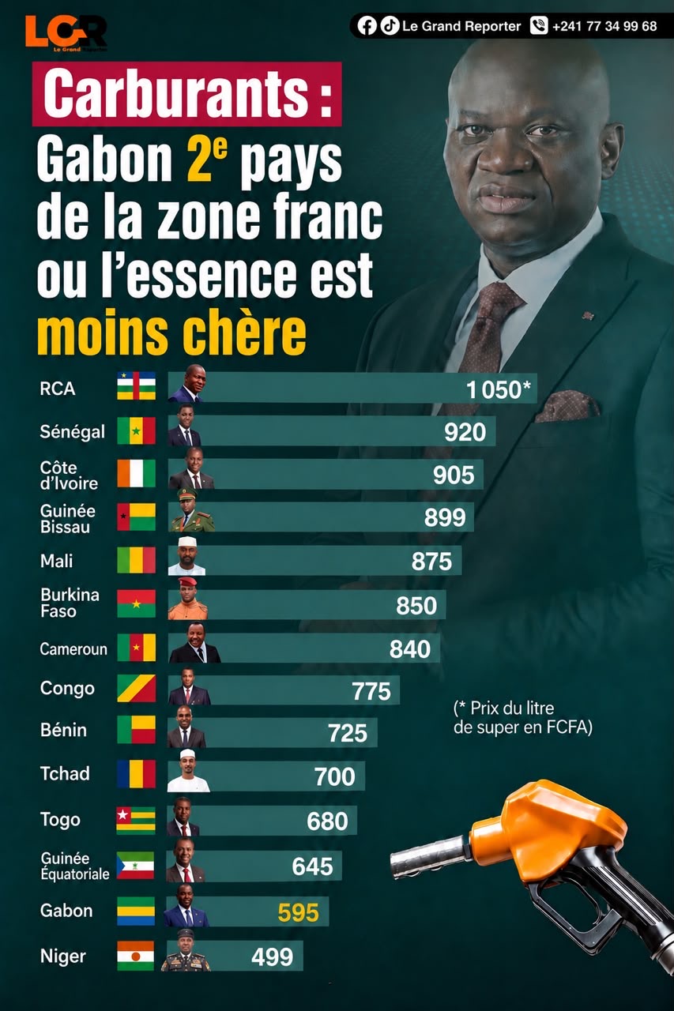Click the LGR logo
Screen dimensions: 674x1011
click(x=66, y=33)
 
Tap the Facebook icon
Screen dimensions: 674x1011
click(x=367, y=26)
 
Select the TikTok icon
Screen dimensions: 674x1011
click(x=389, y=26)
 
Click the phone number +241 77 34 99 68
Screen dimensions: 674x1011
click(x=604, y=26)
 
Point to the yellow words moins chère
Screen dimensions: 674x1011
click(x=171, y=333)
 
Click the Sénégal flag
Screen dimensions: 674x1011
click(x=137, y=430)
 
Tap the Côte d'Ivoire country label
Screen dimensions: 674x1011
click(x=69, y=475)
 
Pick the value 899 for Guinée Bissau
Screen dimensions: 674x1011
click(x=445, y=517)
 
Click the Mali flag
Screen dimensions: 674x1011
click(x=137, y=560)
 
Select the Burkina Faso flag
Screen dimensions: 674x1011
click(x=137, y=603)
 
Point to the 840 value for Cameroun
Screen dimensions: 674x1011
click(x=410, y=648)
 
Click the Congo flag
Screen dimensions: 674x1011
click(x=137, y=688)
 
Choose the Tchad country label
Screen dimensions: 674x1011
click(x=65, y=773)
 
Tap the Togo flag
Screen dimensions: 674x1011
click(x=136, y=821)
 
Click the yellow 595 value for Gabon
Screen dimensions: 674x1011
click(x=299, y=912)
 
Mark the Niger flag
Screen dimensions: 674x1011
click(x=135, y=956)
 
